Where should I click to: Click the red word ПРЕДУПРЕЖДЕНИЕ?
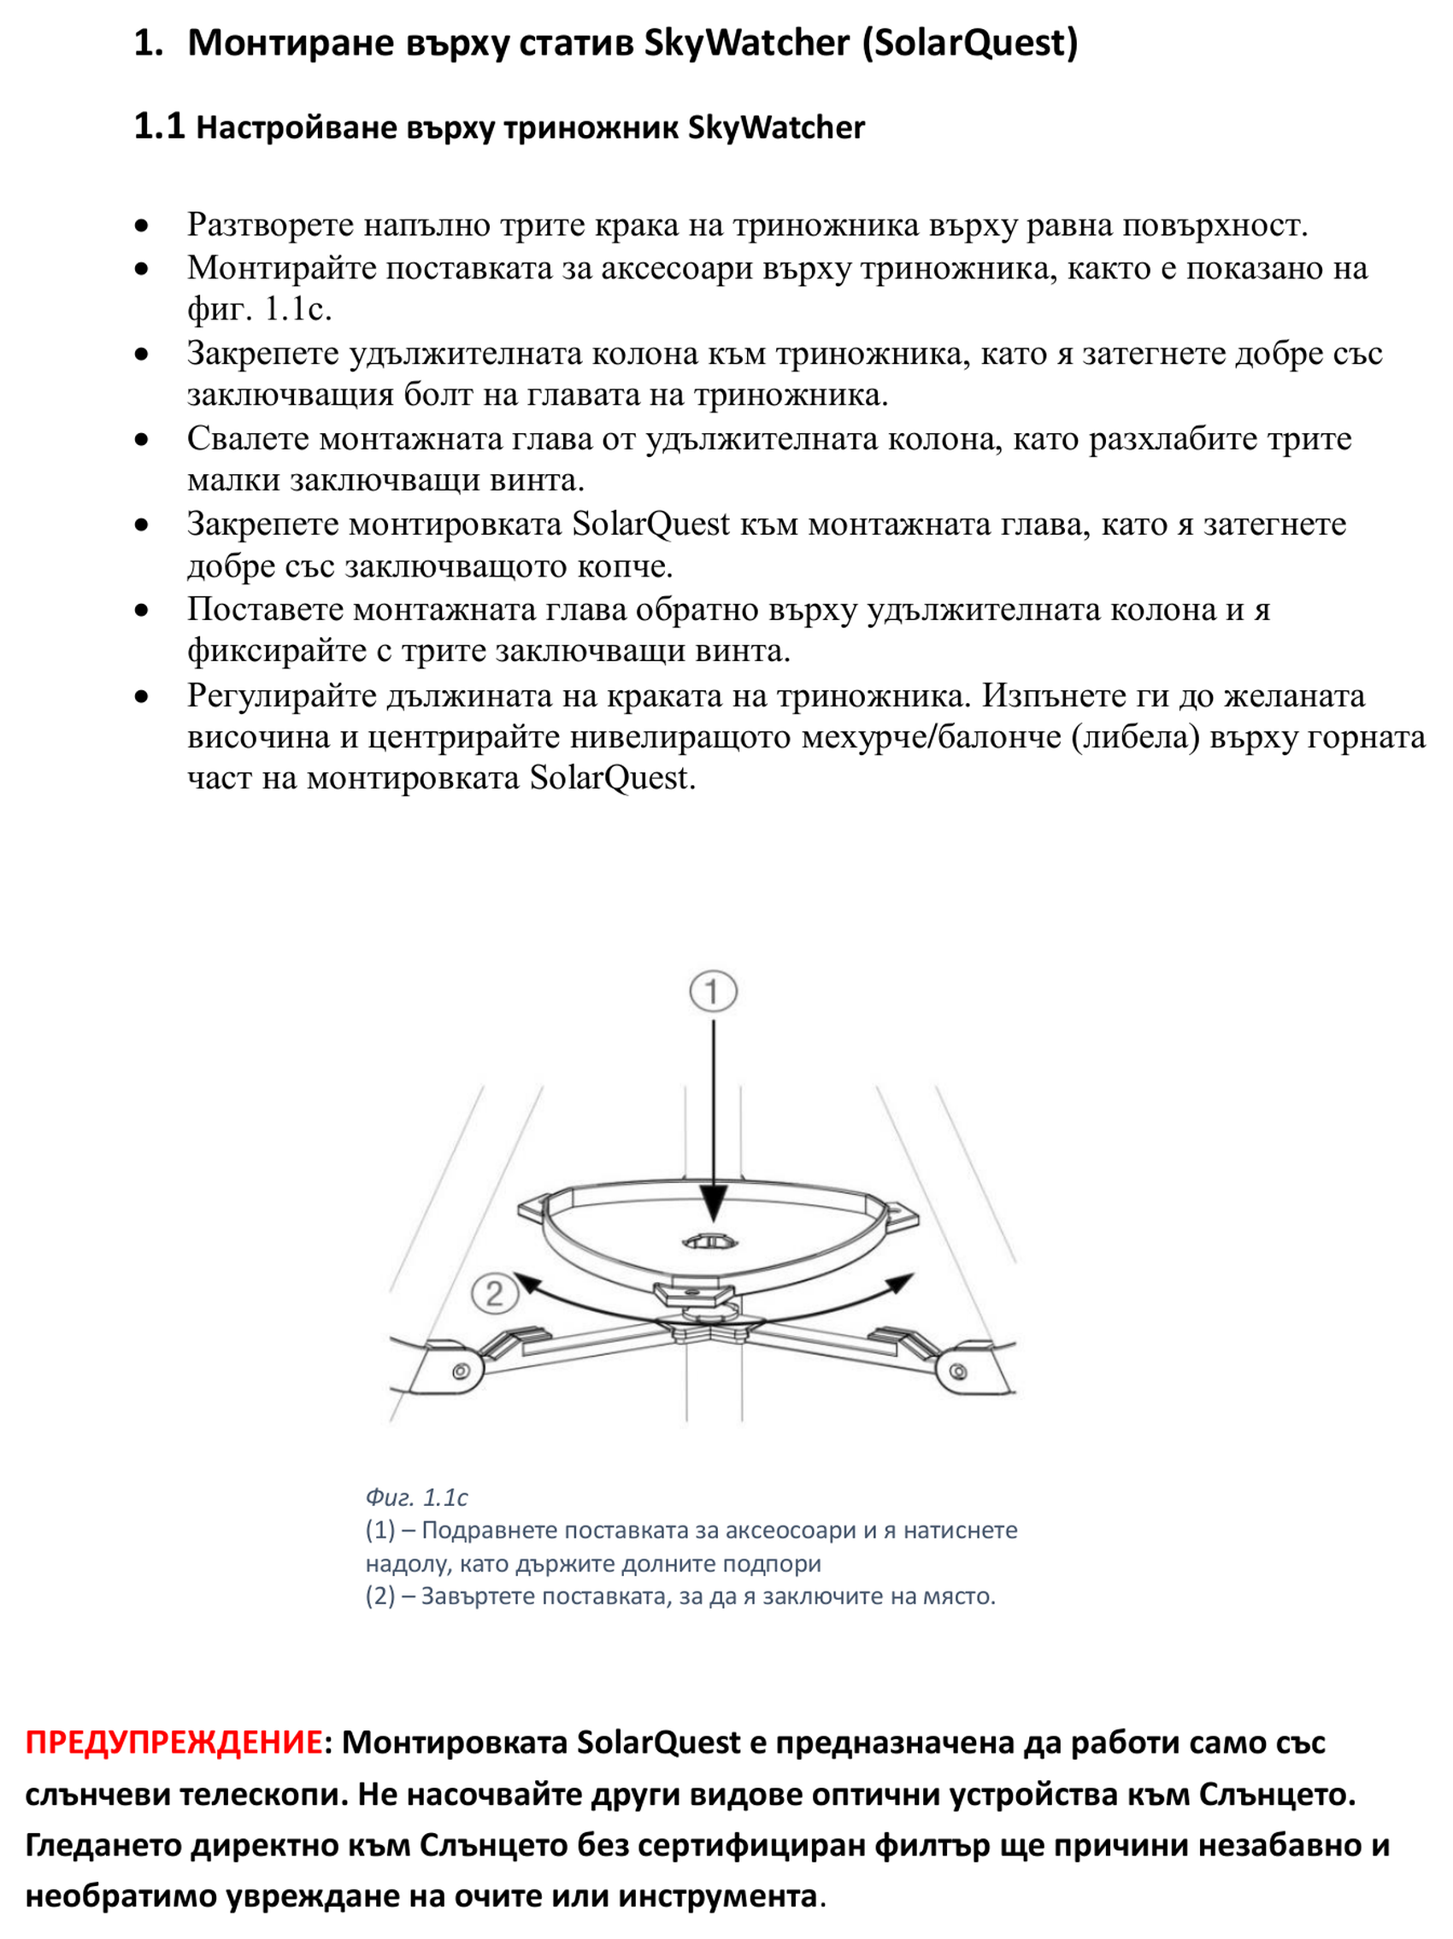(173, 1742)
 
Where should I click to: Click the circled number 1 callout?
(712, 992)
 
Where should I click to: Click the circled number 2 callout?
(494, 1294)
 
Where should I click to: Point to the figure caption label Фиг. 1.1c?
(415, 1497)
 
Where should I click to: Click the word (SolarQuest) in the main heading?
(970, 43)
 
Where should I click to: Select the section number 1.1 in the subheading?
(159, 126)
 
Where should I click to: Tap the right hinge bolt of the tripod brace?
(957, 1369)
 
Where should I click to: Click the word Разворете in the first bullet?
(269, 226)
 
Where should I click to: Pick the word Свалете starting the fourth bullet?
(247, 438)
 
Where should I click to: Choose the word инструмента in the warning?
(717, 1895)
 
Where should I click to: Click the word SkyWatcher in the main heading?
(746, 43)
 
